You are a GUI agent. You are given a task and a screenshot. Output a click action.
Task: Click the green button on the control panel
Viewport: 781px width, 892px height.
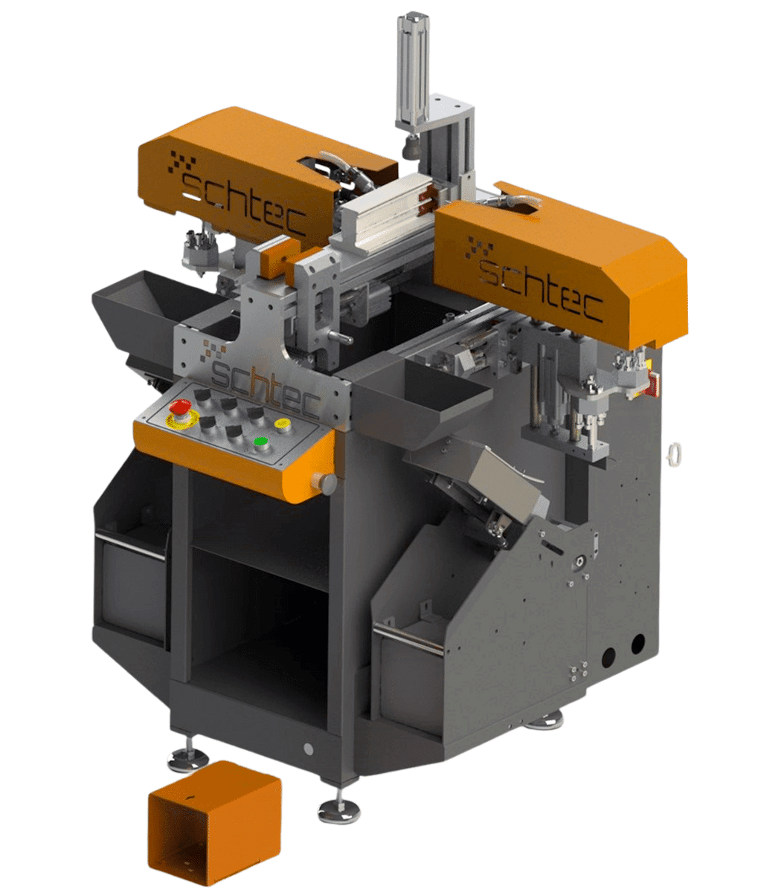click(x=261, y=442)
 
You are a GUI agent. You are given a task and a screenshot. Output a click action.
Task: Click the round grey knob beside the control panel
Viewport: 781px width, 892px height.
click(x=328, y=483)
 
